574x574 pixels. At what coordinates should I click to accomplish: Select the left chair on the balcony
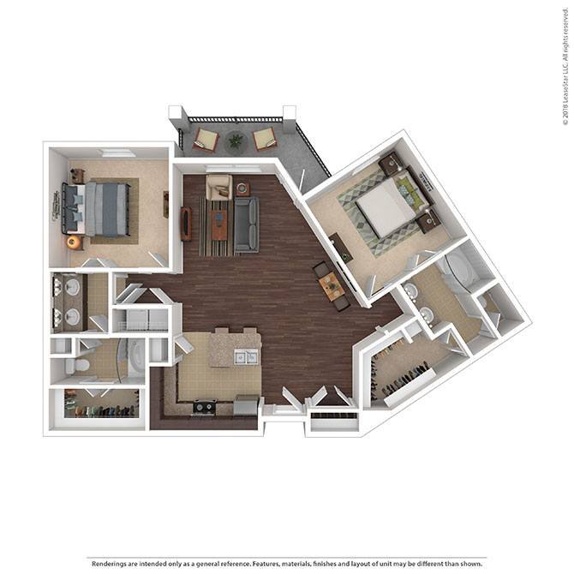point(206,137)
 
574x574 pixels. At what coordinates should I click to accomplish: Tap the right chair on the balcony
point(263,137)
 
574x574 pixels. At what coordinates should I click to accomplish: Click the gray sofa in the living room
point(246,224)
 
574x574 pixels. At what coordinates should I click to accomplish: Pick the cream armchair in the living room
point(218,186)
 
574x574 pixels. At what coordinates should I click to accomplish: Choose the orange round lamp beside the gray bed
point(74,242)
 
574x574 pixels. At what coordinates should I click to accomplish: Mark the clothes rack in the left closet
point(103,410)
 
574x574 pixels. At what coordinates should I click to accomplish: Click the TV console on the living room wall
point(185,224)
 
